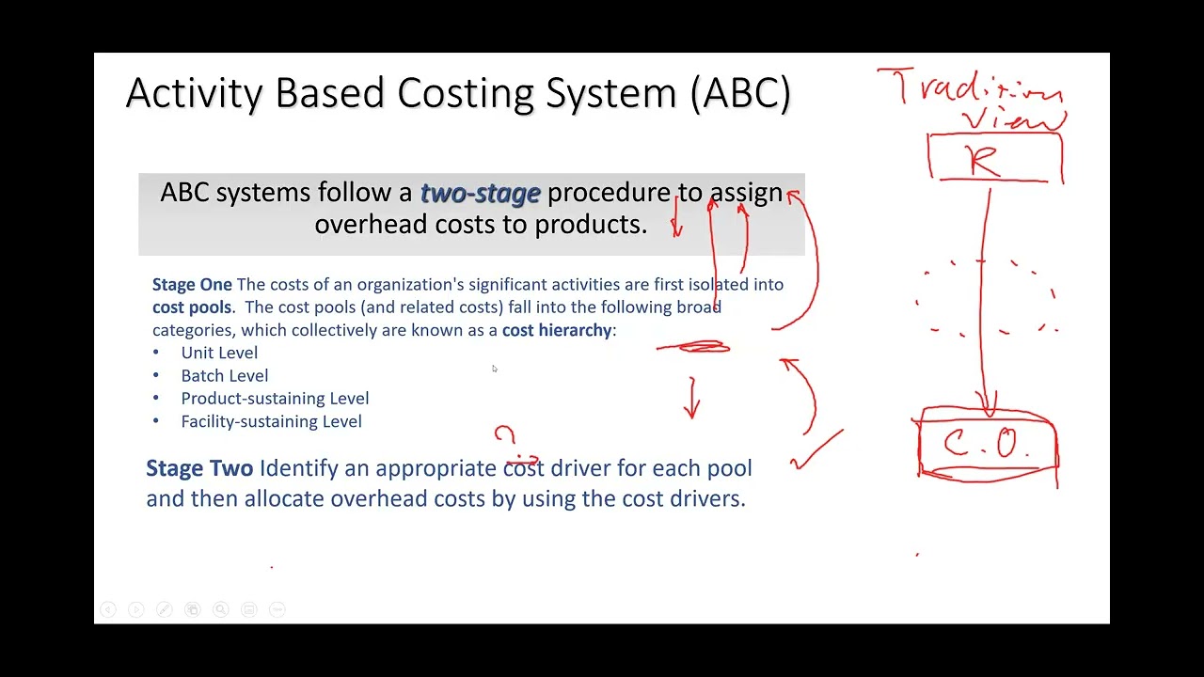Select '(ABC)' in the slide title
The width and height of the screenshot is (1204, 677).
click(x=740, y=94)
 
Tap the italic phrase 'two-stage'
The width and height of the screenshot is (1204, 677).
click(x=480, y=193)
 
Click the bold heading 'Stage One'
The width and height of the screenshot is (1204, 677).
click(x=192, y=284)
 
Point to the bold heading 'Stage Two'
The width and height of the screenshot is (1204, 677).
click(x=199, y=468)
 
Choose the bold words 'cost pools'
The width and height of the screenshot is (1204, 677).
click(x=192, y=307)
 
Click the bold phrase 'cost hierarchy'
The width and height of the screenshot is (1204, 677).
click(x=557, y=330)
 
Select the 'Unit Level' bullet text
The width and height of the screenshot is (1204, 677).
click(x=219, y=353)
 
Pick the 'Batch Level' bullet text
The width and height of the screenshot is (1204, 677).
click(x=225, y=376)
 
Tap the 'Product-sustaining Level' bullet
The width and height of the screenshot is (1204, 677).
click(x=275, y=399)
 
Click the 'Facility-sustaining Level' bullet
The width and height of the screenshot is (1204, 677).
click(x=271, y=421)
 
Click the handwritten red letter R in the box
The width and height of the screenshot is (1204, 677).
click(x=984, y=161)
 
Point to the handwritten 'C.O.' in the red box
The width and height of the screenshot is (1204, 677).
click(x=988, y=444)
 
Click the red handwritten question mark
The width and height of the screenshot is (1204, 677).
click(x=506, y=436)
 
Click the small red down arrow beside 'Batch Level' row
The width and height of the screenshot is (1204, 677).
click(x=692, y=399)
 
